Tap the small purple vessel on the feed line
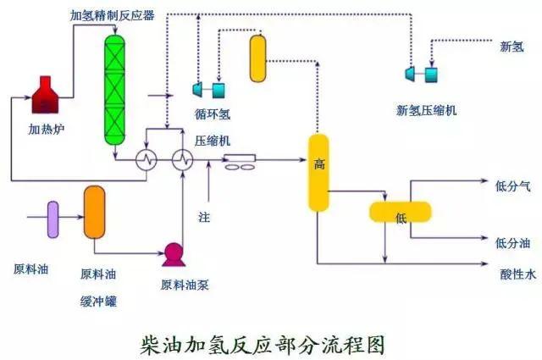click(x=53, y=218)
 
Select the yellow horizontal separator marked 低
click(x=401, y=213)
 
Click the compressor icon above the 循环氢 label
click(x=209, y=89)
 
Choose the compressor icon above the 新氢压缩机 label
click(x=423, y=75)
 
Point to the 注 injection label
click(x=203, y=218)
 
